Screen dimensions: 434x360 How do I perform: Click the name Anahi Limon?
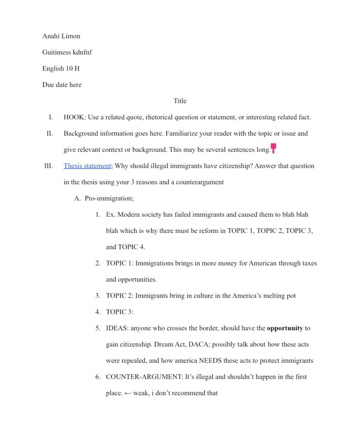tap(61, 36)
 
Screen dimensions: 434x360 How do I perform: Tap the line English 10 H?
tap(61, 68)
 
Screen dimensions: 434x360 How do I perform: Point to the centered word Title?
tap(180, 101)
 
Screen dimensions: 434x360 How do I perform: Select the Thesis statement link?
tap(87, 166)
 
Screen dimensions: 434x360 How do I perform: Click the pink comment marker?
tap(273, 148)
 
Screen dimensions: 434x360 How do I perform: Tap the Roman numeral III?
tap(49, 166)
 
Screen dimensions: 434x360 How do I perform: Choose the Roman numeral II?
tap(50, 133)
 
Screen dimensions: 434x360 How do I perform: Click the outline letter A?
tap(77, 198)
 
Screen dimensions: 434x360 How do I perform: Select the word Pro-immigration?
tap(109, 198)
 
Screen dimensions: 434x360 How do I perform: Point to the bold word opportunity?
tap(285, 328)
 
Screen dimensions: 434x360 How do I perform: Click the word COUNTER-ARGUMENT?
tap(144, 377)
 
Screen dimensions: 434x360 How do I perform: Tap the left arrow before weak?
tap(128, 393)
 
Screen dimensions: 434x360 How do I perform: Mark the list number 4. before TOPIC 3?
tap(98, 312)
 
